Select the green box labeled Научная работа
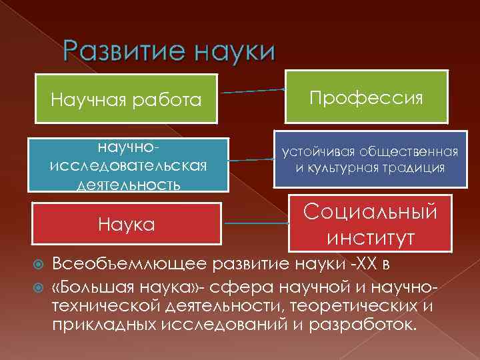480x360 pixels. (127, 100)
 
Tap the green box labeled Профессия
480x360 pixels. (364, 98)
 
